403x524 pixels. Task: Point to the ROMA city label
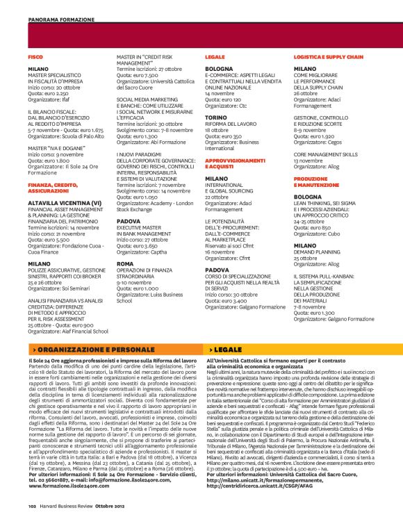(125, 245)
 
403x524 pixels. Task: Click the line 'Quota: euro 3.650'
(138, 227)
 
